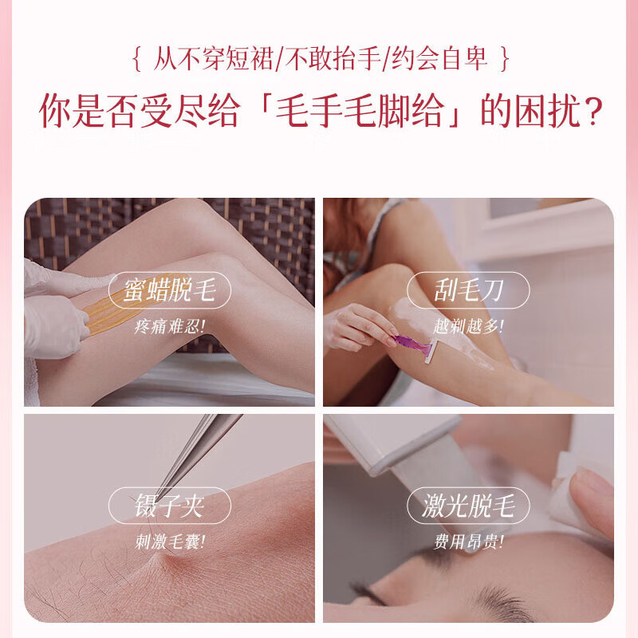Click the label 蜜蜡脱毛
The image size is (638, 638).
[169, 291]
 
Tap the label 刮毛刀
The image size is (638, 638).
[468, 291]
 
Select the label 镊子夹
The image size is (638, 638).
[169, 506]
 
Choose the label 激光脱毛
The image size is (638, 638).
[468, 506]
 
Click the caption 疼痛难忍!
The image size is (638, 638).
[169, 325]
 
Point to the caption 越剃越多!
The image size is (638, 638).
[468, 325]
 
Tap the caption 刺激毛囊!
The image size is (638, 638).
[169, 542]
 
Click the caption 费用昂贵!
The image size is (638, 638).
[468, 542]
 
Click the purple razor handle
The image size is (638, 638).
[413, 345]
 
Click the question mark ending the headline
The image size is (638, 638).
[588, 112]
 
